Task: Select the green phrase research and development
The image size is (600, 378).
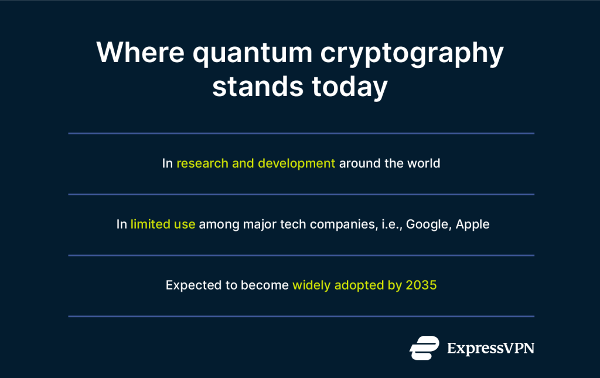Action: point(256,164)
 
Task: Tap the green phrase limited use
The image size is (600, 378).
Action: point(163,224)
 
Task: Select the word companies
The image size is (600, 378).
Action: point(343,224)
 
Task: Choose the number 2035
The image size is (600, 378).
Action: point(421,285)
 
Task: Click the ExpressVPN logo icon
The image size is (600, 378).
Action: point(424,348)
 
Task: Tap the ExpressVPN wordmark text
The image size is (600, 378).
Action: point(490,348)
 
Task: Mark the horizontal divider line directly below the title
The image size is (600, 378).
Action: point(301,134)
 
